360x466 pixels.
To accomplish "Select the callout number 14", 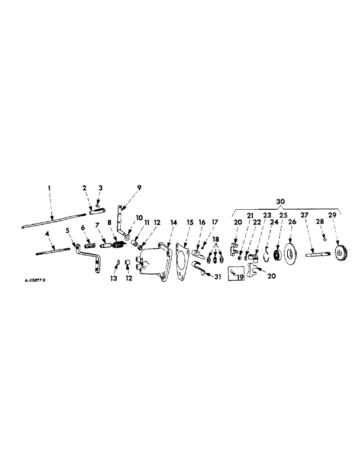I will (x=174, y=223).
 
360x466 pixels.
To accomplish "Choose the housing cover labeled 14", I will (x=154, y=263).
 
